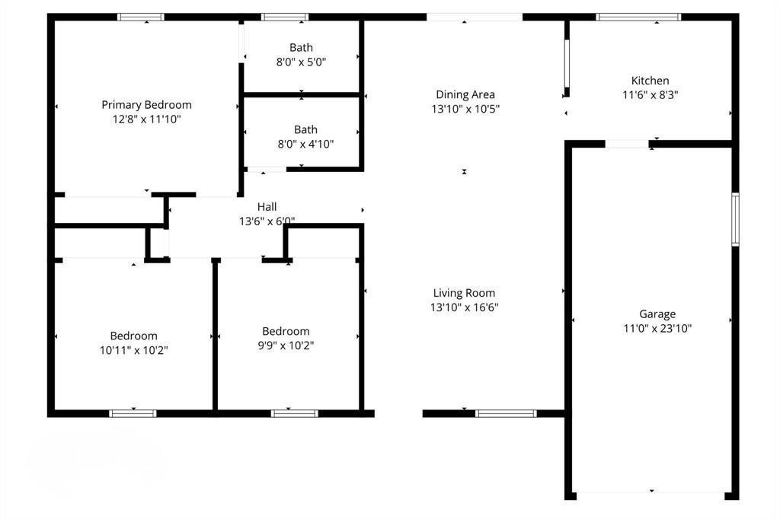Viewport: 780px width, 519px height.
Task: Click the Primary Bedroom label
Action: coord(146,105)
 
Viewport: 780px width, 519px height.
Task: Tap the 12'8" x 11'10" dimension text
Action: coord(146,119)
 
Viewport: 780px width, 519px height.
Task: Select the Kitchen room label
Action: coord(650,81)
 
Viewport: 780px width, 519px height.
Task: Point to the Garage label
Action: coord(657,314)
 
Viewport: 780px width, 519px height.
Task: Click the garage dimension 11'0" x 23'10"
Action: coord(657,329)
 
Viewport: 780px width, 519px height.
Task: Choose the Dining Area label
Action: coord(465,94)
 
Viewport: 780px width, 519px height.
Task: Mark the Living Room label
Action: coord(464,293)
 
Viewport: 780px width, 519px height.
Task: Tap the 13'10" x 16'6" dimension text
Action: coord(464,307)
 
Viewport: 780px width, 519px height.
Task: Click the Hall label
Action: coord(267,206)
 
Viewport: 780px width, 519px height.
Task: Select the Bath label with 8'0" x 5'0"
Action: coord(301,48)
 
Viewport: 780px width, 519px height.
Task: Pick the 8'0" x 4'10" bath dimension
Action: coord(305,144)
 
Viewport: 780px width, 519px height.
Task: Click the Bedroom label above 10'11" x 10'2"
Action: coord(133,336)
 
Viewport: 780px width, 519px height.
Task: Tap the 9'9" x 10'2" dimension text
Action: coord(286,345)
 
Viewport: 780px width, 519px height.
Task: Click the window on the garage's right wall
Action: coord(735,219)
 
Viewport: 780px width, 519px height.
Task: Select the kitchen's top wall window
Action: coord(638,17)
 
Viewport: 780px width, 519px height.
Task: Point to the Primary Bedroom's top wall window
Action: coord(140,17)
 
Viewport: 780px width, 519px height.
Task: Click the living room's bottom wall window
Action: coord(506,414)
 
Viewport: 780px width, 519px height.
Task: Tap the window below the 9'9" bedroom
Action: coord(294,414)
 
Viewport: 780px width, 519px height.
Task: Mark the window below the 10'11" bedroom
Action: coord(133,414)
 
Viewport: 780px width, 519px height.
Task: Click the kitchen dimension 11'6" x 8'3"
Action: coord(650,96)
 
